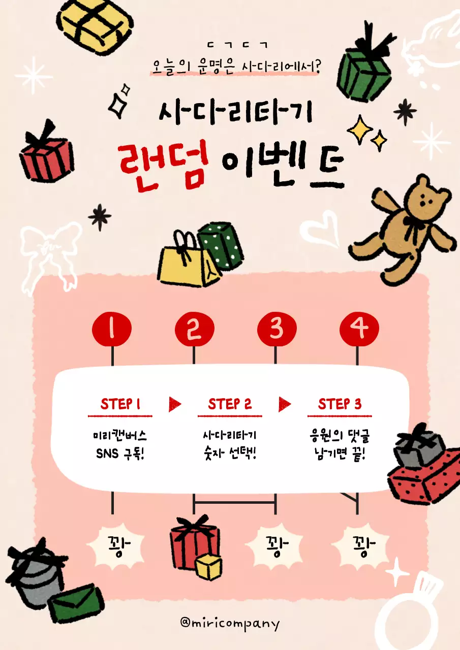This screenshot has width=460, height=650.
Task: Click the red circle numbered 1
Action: point(112,330)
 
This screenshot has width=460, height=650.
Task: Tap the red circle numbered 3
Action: point(276,330)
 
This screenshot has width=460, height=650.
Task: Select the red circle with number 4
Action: point(359,330)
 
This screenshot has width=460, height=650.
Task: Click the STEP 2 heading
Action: point(230,404)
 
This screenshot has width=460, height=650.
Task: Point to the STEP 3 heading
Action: point(340,404)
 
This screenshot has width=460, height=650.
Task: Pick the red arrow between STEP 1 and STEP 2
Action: point(175,404)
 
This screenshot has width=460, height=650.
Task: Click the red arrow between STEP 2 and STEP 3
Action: point(285,404)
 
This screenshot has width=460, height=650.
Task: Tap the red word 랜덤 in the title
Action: point(162,165)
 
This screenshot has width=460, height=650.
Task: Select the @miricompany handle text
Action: point(230,623)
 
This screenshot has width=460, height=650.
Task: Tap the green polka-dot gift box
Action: point(221,245)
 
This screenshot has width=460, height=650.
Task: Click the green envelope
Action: point(75,603)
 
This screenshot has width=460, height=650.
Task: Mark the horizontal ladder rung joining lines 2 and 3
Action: point(234,503)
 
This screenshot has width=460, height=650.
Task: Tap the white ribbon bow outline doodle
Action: point(48,249)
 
